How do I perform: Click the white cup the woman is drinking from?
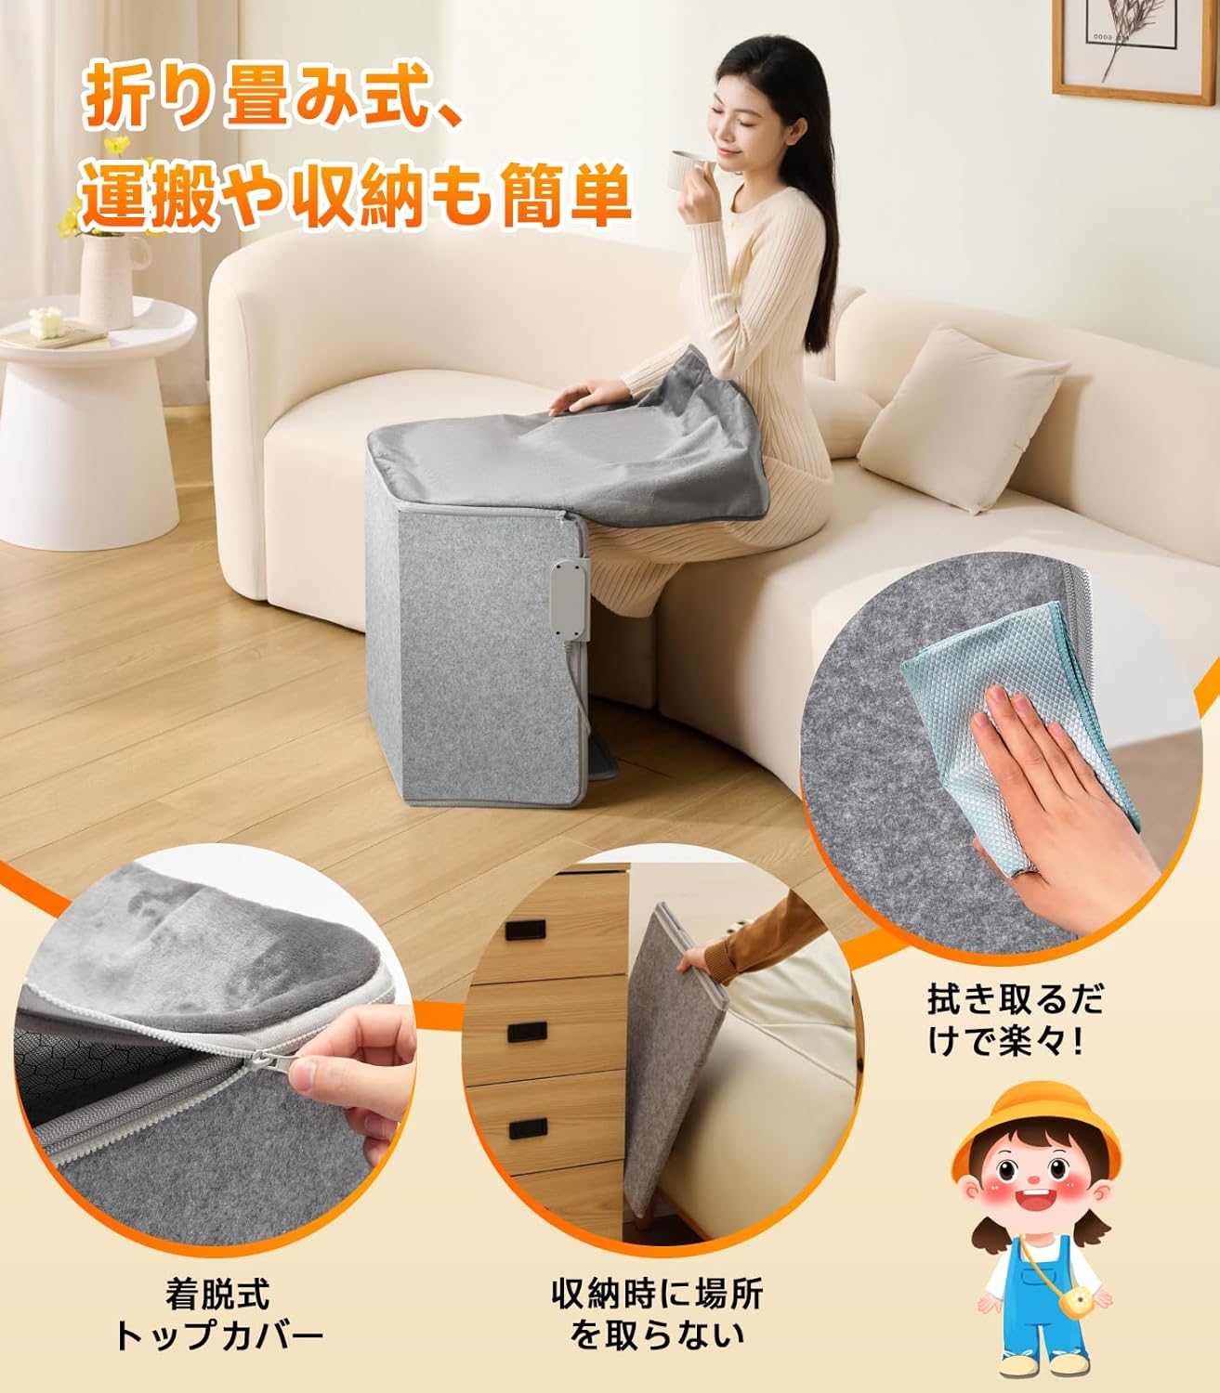pyautogui.click(x=688, y=169)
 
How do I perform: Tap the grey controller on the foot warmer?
pyautogui.click(x=571, y=599)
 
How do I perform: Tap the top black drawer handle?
pyautogui.click(x=526, y=930)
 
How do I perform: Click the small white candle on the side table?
pyautogui.click(x=46, y=322)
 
